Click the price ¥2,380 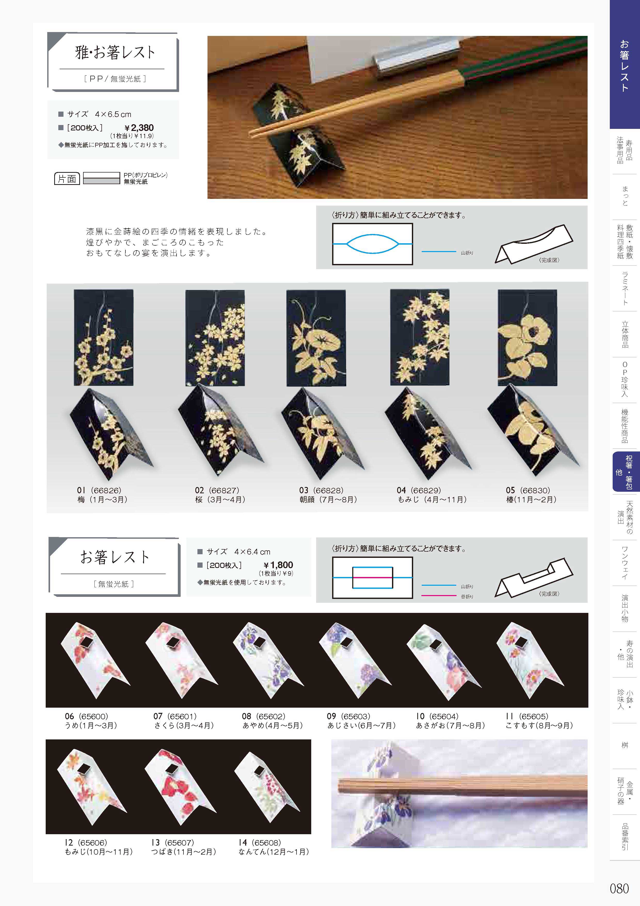pyautogui.click(x=139, y=128)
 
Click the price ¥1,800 pyautogui.click(x=278, y=565)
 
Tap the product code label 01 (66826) pyautogui.click(x=99, y=490)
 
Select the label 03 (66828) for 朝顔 pyautogui.click(x=321, y=490)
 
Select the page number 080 pyautogui.click(x=619, y=888)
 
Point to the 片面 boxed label pyautogui.click(x=67, y=179)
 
